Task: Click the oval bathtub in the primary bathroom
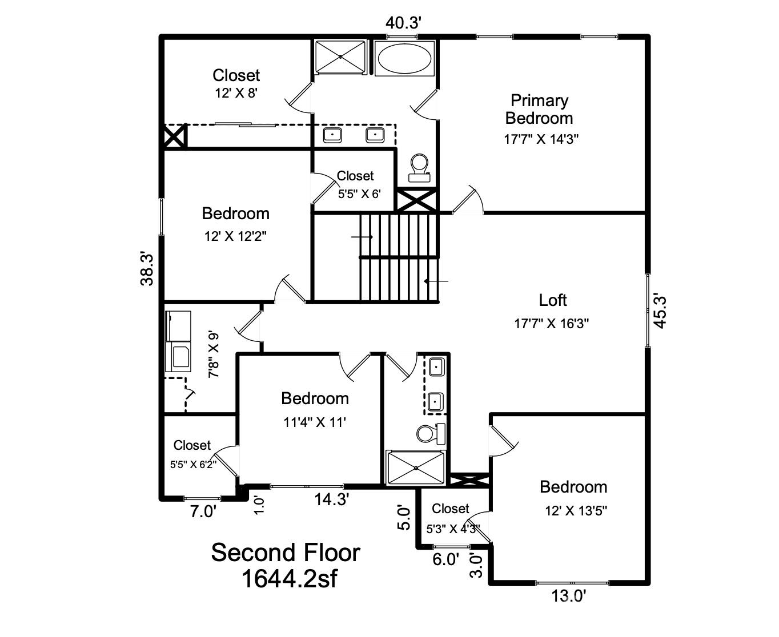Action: point(404,58)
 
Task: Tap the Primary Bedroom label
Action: point(539,110)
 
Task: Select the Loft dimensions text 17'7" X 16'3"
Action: point(551,324)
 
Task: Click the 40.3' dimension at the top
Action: point(403,23)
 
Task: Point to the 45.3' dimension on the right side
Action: point(660,311)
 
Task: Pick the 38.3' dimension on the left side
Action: point(147,269)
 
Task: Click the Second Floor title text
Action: point(286,553)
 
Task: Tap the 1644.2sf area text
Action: point(289,579)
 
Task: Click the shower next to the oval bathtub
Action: point(340,57)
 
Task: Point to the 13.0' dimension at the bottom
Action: point(568,596)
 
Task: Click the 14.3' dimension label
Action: point(331,499)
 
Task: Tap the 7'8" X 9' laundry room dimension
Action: point(214,354)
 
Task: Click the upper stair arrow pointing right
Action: point(362,236)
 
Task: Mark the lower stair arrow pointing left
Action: point(436,281)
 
